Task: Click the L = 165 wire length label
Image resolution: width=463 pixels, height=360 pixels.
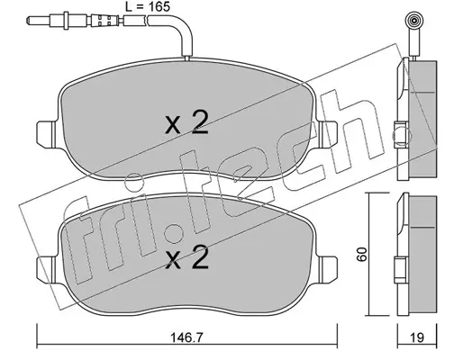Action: (147, 6)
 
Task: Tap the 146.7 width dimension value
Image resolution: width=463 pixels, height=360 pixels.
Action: (186, 338)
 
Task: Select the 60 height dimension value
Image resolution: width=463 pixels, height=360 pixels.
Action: (363, 255)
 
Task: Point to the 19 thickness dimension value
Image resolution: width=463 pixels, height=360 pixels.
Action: (417, 338)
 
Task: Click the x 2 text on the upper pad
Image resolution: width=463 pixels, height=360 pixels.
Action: (186, 122)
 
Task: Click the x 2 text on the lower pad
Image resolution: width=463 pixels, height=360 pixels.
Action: (186, 257)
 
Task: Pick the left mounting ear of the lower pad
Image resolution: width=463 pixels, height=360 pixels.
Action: (46, 268)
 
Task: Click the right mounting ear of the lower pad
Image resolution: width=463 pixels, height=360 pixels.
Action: (328, 268)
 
